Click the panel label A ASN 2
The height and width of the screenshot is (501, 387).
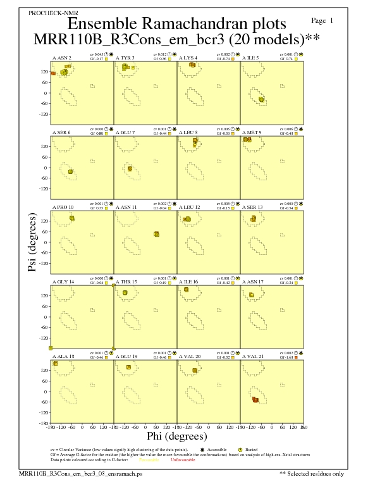click(61, 58)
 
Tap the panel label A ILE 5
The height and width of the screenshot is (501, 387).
click(252, 58)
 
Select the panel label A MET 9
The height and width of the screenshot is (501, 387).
click(252, 132)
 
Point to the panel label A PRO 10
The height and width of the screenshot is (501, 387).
click(63, 207)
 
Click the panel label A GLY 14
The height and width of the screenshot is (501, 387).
click(63, 281)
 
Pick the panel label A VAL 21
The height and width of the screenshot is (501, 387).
click(252, 356)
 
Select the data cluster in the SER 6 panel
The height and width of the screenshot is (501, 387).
click(71, 171)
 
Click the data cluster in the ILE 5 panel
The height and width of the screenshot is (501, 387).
click(262, 99)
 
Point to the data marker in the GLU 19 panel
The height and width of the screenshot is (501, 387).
click(129, 367)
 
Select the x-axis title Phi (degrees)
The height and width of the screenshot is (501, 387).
click(177, 436)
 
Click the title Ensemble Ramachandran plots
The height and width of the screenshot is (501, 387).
click(176, 24)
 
